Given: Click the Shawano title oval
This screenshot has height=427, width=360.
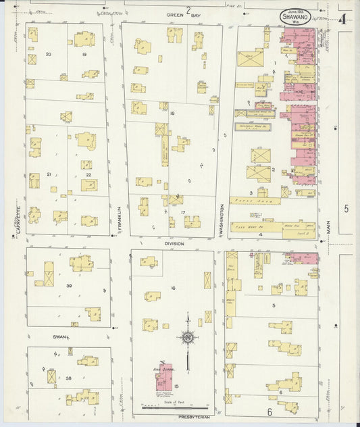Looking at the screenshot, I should point(295,18).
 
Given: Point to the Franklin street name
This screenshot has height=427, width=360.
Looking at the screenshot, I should point(118,220).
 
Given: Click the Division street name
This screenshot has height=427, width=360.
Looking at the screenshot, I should point(174,243).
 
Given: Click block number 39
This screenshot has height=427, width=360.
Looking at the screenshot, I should point(69,286).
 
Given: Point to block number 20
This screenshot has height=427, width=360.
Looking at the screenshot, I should point(48,54).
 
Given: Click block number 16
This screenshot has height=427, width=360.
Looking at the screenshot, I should point(173,288).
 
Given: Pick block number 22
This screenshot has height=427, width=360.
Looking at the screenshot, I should point(88,175).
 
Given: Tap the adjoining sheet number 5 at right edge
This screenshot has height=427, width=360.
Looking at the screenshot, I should point(346,209).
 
